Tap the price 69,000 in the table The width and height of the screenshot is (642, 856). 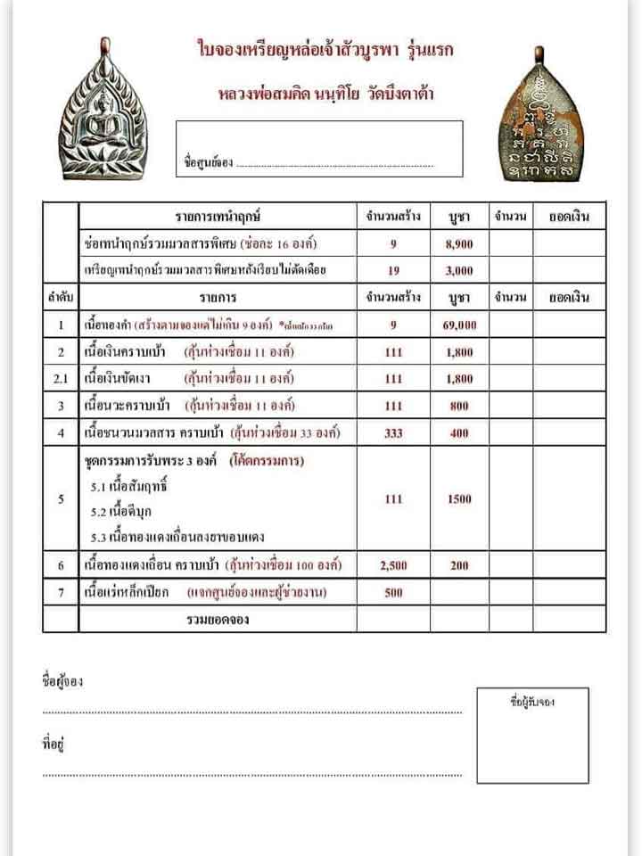coord(459,325)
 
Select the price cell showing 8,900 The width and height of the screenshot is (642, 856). coord(459,243)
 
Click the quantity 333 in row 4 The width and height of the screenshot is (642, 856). coord(393,433)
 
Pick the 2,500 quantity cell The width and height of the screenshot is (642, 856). coord(393,565)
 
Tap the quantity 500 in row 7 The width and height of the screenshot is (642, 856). coord(393,592)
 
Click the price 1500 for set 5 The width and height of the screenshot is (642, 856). coord(459,499)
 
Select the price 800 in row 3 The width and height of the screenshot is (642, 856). coord(459,407)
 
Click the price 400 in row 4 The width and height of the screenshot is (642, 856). coord(459,433)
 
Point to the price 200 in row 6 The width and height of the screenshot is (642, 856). coord(459,565)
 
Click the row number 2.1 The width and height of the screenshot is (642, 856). coord(61,379)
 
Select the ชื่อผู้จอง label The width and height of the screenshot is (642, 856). coord(62,681)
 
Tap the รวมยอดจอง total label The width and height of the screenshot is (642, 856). coord(218,619)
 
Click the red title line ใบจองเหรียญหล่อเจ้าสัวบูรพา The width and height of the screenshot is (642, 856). coord(325,51)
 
